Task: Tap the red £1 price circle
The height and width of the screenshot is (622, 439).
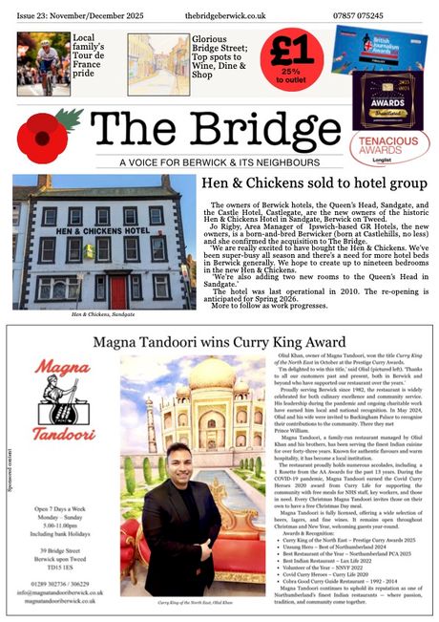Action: click(x=291, y=57)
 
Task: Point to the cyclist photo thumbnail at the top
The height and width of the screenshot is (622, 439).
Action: click(x=44, y=62)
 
